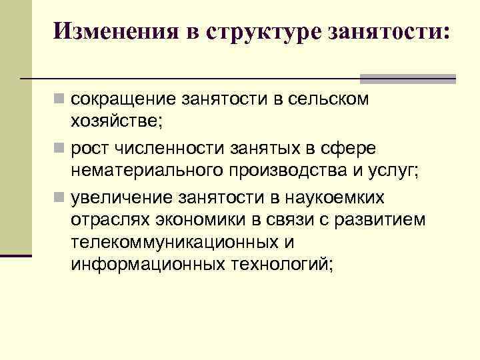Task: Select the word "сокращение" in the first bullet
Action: pos(123,101)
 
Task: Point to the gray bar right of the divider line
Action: pos(409,79)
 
